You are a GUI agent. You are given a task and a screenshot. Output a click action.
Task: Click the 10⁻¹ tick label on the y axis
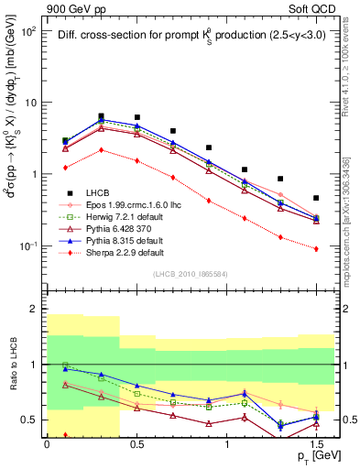click(27, 245)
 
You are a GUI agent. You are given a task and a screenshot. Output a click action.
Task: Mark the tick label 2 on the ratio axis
click(33, 310)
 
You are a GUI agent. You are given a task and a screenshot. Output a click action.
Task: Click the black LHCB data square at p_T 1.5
click(316, 198)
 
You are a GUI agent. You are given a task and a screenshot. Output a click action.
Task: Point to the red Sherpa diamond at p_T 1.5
click(316, 248)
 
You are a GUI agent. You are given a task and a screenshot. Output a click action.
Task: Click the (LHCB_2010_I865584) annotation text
click(190, 273)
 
